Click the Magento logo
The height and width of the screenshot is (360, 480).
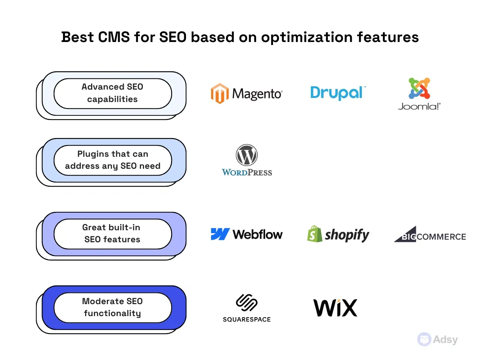(x=246, y=93)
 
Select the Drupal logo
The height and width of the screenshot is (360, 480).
(x=337, y=93)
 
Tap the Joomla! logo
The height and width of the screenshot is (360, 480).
(x=419, y=94)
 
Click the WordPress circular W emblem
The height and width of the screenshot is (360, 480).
(x=247, y=155)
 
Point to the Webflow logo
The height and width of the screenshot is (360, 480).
(x=246, y=234)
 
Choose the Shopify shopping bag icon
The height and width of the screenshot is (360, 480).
(x=315, y=234)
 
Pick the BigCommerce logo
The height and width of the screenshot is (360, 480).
(x=430, y=235)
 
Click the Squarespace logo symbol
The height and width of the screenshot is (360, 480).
(x=246, y=303)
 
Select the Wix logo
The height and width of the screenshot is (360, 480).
(x=335, y=308)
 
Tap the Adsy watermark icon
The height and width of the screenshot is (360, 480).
(x=424, y=339)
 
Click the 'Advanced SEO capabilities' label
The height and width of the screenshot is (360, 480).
(x=112, y=93)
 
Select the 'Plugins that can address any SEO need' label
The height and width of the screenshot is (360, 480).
(x=112, y=160)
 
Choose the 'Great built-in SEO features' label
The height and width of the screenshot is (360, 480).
(x=112, y=234)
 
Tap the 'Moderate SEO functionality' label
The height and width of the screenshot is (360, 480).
(x=112, y=307)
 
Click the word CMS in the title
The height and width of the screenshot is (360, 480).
(x=114, y=37)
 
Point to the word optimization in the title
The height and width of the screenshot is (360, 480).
(x=307, y=37)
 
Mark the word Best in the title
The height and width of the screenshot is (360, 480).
(x=77, y=37)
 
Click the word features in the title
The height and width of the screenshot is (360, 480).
(x=388, y=37)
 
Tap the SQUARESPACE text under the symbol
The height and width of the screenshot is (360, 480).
(x=247, y=319)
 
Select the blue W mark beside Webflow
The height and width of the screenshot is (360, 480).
(x=220, y=234)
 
